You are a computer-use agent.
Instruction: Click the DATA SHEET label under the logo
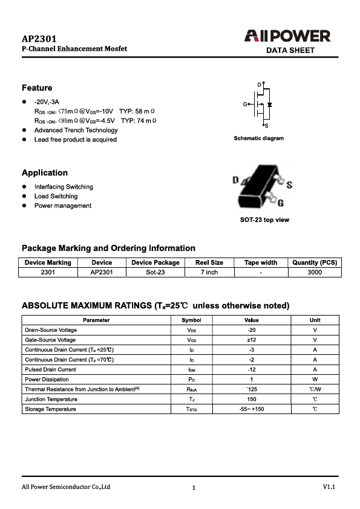[x=290, y=50]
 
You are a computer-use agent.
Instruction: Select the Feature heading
[x=37, y=88]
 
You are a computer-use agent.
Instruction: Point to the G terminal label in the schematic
[x=246, y=105]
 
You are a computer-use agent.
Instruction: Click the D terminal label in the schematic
[x=260, y=83]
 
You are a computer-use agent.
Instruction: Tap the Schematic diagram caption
[x=258, y=138]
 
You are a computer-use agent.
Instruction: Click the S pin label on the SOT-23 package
[x=289, y=185]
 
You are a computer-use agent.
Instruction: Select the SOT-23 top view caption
[x=264, y=219]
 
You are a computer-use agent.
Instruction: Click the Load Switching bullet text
[x=56, y=196]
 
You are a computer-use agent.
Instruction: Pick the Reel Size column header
[x=209, y=262]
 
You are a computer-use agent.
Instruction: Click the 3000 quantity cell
[x=315, y=272]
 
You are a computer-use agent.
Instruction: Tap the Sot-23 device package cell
[x=155, y=272]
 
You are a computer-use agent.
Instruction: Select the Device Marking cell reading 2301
[x=48, y=272]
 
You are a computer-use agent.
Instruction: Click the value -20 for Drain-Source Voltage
[x=252, y=330]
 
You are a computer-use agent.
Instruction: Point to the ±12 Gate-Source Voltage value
[x=252, y=340]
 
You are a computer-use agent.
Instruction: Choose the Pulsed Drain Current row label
[x=50, y=369]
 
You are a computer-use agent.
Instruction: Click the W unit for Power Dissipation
[x=315, y=379]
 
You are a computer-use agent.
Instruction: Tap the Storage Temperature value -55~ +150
[x=252, y=409]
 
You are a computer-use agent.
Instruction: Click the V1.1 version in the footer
[x=329, y=487]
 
